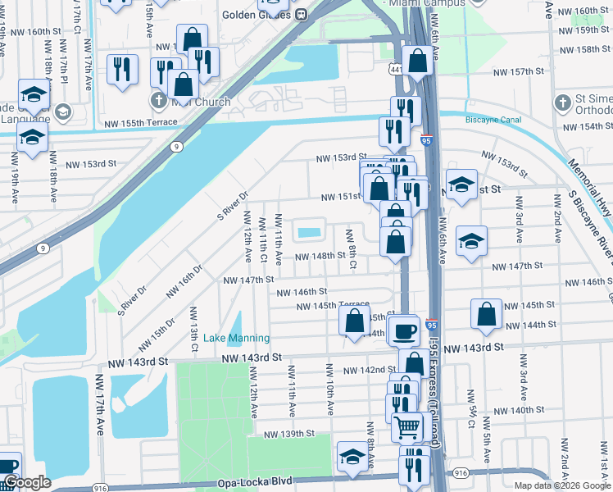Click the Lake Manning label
pyautogui.click(x=236, y=338)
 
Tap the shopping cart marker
pyautogui.click(x=407, y=426)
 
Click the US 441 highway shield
pyautogui.click(x=396, y=71)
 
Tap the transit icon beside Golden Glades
pyautogui.click(x=301, y=14)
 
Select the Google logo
pyautogui.click(x=27, y=482)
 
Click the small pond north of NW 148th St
pyautogui.click(x=308, y=233)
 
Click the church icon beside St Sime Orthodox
pyautogui.click(x=561, y=103)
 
